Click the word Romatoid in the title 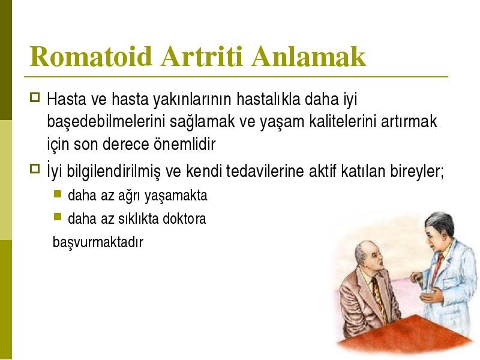click(x=91, y=56)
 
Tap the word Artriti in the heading click(x=202, y=56)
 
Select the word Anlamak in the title click(x=309, y=56)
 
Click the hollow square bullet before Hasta click(x=35, y=97)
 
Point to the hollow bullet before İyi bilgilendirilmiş click(x=35, y=169)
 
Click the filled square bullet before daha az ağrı click(x=58, y=194)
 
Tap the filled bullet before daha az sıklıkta click(x=58, y=217)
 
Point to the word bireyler click(x=417, y=172)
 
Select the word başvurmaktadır click(x=98, y=242)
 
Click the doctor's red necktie click(x=439, y=267)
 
